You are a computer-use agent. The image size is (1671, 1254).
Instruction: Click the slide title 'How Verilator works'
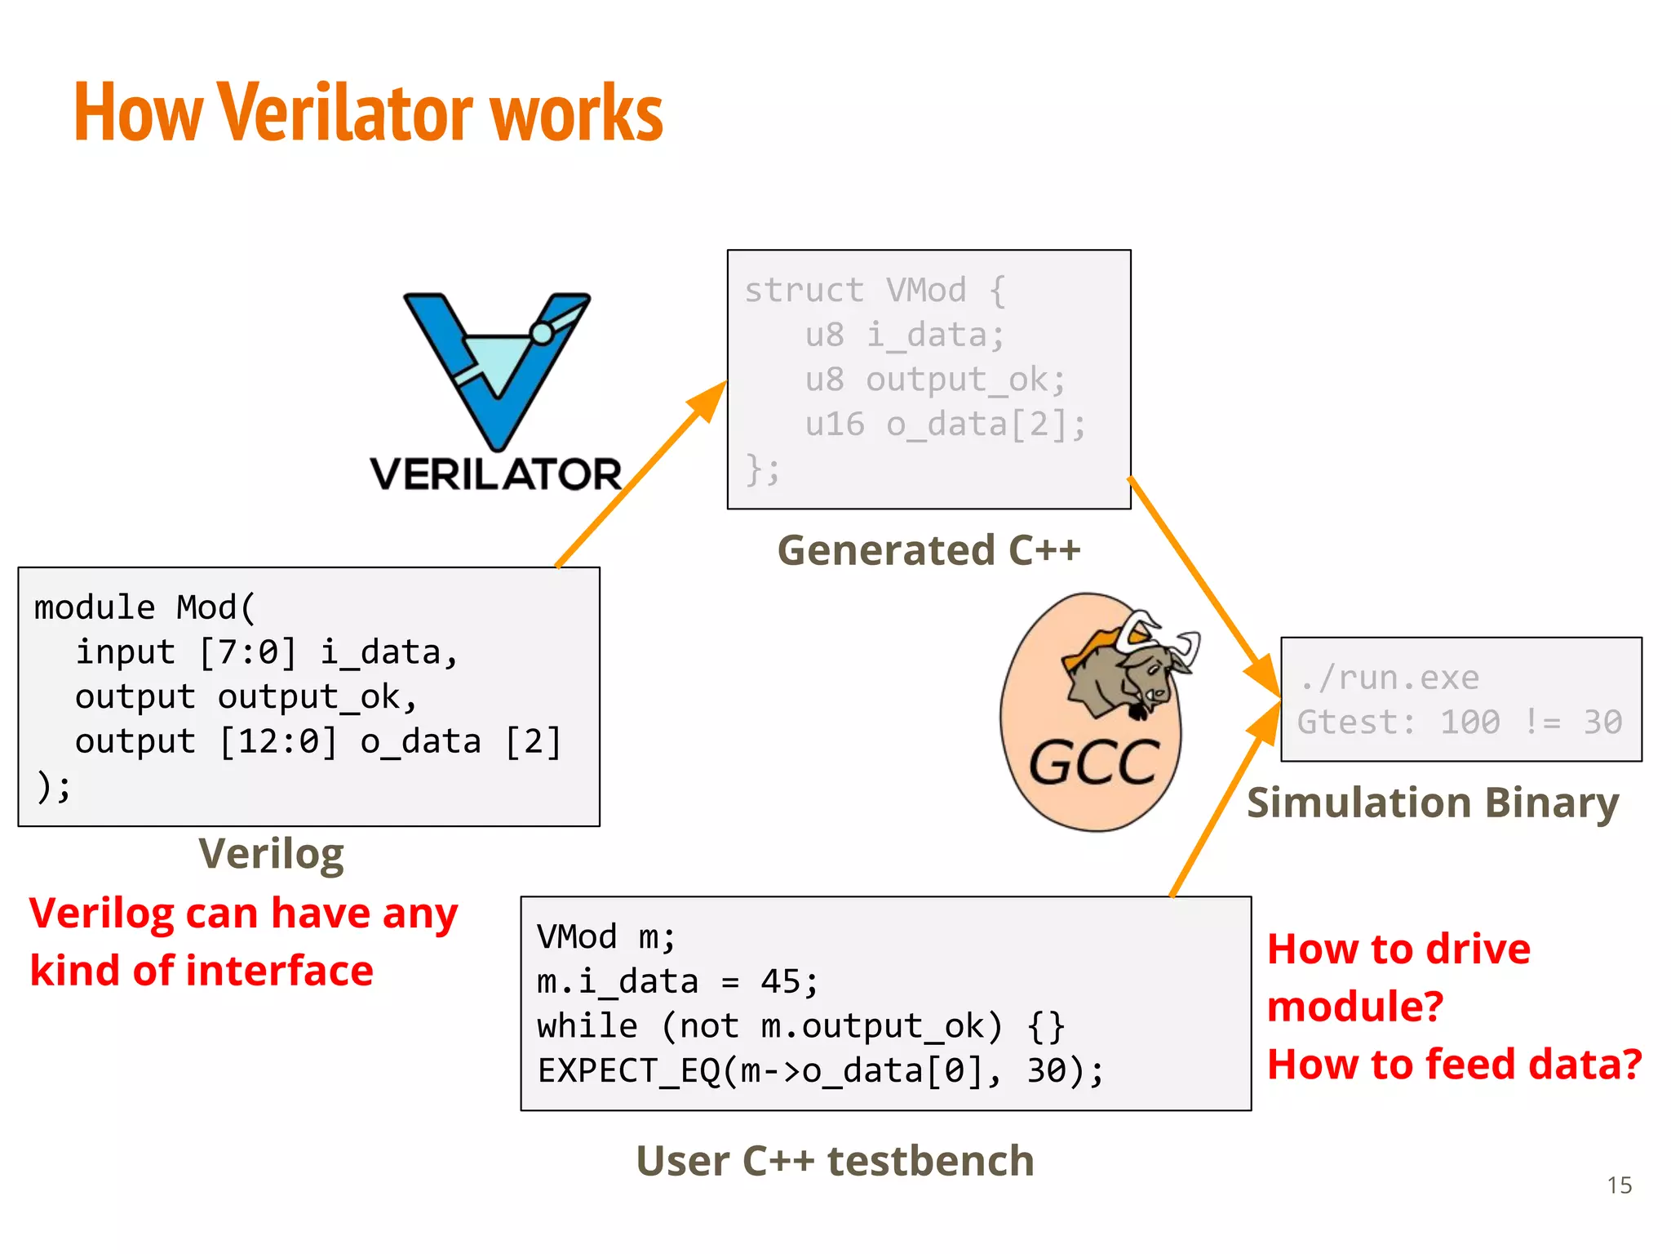point(368,113)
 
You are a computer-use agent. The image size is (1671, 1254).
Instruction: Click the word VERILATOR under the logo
point(495,474)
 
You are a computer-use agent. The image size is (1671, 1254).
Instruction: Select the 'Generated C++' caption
point(929,550)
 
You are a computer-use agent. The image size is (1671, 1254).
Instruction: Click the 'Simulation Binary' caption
point(1433,803)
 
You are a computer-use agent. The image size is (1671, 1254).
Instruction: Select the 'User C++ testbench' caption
point(835,1161)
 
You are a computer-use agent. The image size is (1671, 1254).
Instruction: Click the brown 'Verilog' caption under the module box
point(271,854)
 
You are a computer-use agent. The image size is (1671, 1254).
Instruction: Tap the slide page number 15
point(1619,1185)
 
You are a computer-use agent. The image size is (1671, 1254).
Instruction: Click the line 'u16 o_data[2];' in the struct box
point(945,425)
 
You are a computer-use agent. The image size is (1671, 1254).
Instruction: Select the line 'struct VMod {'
point(875,291)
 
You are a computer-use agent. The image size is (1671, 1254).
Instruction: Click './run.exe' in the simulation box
point(1389,678)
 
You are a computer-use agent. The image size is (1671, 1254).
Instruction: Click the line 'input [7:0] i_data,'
point(267,652)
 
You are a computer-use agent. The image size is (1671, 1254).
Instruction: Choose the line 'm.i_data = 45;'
point(677,981)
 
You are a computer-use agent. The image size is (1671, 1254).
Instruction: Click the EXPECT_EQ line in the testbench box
point(820,1070)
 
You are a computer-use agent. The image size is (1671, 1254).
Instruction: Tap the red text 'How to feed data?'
point(1454,1065)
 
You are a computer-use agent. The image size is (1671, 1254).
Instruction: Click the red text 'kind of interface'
point(202,971)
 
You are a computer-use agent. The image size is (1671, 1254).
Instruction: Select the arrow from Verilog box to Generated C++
point(640,474)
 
